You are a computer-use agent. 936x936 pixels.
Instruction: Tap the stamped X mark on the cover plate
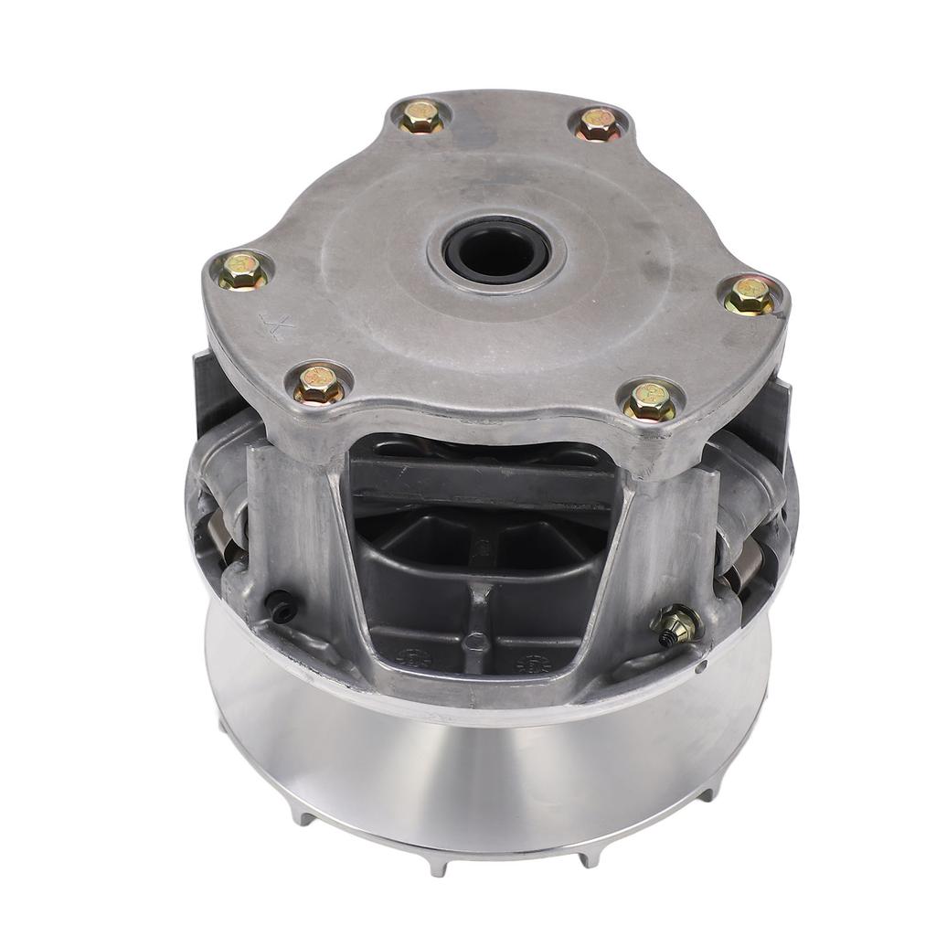click(276, 325)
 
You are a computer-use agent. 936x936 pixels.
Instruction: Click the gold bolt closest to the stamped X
click(243, 271)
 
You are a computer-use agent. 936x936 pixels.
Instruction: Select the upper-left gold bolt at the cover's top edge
click(422, 116)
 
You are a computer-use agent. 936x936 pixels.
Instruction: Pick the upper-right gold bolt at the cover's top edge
click(599, 123)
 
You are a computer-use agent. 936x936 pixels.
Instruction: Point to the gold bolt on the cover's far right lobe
click(750, 295)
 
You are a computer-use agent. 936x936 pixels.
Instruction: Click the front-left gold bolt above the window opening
click(319, 384)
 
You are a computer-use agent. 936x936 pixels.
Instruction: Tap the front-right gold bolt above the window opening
click(649, 401)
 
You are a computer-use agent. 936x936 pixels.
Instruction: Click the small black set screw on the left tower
click(282, 605)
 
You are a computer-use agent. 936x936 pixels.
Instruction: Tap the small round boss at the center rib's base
click(473, 643)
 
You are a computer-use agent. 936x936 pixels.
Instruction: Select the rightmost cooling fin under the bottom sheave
click(708, 792)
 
